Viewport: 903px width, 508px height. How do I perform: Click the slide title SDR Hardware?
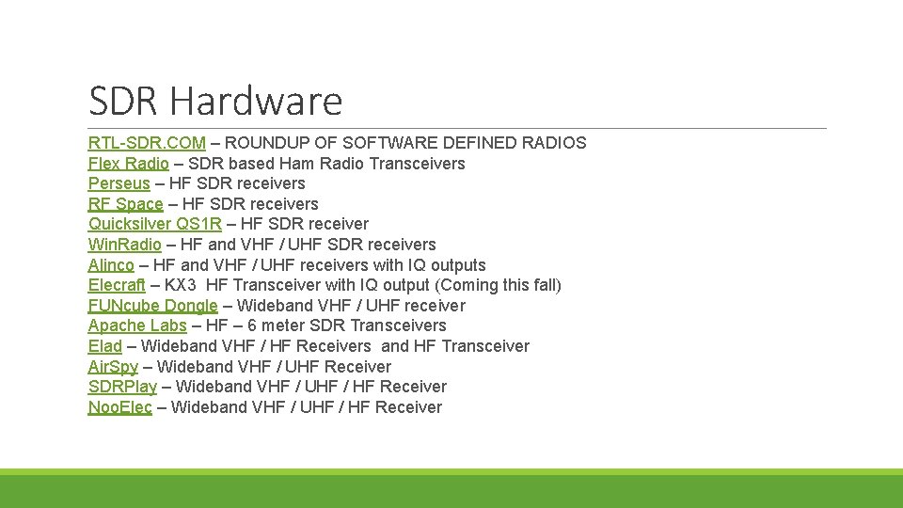tap(215, 100)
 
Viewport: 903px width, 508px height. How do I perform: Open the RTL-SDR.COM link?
tap(147, 143)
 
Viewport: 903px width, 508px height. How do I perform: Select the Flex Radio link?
tap(129, 164)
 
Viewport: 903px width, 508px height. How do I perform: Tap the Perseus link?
tap(119, 183)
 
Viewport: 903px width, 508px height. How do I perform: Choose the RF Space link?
tap(125, 204)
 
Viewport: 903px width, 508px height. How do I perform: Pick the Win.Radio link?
tap(124, 245)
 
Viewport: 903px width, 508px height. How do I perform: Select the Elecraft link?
tap(117, 285)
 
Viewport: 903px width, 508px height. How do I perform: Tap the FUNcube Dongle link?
tap(152, 306)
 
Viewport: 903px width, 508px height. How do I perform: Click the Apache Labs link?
tap(137, 325)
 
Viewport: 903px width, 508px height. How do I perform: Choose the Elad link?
tap(105, 346)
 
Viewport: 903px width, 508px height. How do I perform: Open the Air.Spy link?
tap(113, 367)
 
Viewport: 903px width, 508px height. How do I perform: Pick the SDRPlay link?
tap(122, 387)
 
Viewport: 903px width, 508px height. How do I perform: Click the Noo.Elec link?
tap(119, 407)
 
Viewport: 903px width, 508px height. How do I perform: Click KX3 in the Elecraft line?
tap(182, 285)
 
